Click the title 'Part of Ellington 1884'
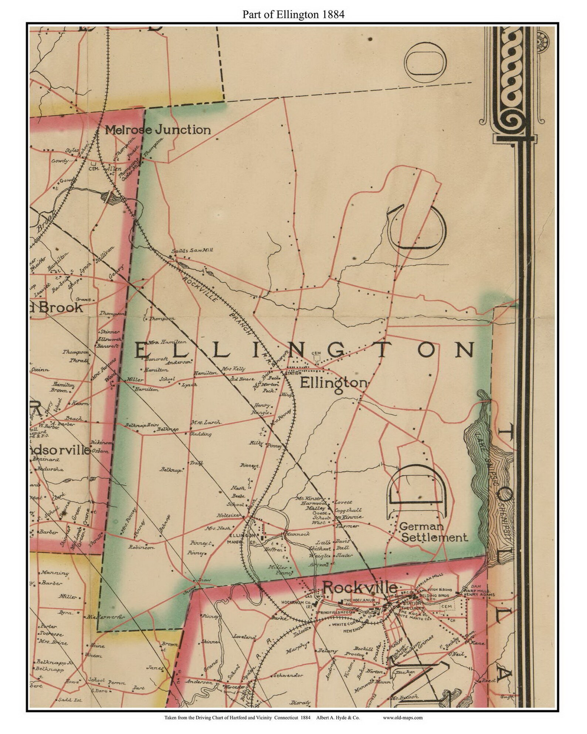(x=293, y=14)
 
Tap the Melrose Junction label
(x=158, y=130)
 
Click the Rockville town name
(x=360, y=587)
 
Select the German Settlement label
(x=434, y=532)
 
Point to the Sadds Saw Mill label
(x=192, y=250)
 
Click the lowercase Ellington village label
(x=333, y=383)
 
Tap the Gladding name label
(x=200, y=434)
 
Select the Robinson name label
(x=141, y=547)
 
